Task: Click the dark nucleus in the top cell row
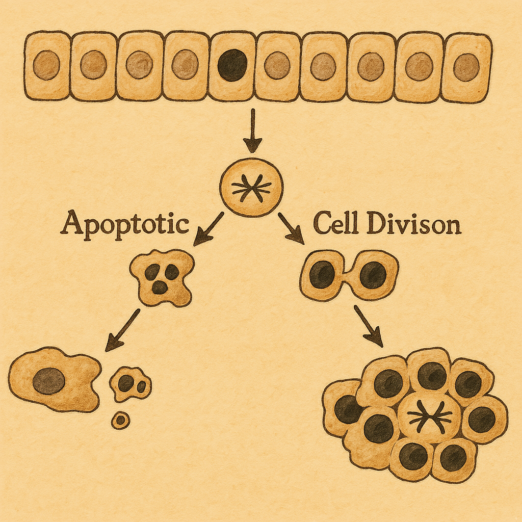pyautogui.click(x=232, y=65)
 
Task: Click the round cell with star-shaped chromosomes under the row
pyautogui.click(x=251, y=188)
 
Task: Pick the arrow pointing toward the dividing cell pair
pyautogui.click(x=291, y=227)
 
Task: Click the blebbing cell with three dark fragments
pyautogui.click(x=163, y=278)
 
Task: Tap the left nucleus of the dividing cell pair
pyautogui.click(x=322, y=274)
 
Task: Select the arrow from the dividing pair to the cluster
pyautogui.click(x=368, y=325)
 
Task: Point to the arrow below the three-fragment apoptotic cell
pyautogui.click(x=122, y=330)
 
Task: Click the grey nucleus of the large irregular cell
pyautogui.click(x=49, y=381)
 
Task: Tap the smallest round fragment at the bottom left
pyautogui.click(x=121, y=421)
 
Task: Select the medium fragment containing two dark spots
pyautogui.click(x=130, y=383)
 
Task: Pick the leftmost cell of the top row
pyautogui.click(x=47, y=65)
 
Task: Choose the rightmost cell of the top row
pyautogui.click(x=466, y=67)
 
